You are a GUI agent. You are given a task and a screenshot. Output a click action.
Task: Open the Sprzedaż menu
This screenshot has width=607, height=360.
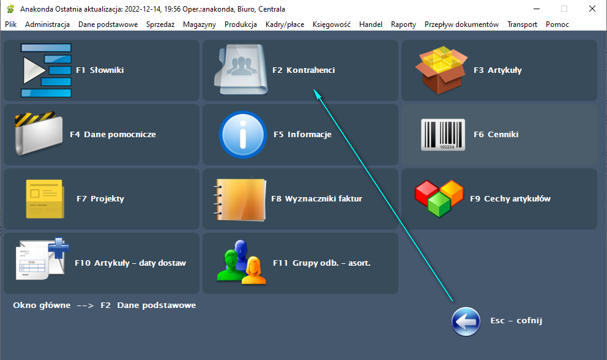pos(160,24)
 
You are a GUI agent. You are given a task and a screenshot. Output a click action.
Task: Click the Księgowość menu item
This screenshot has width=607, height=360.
pos(332,24)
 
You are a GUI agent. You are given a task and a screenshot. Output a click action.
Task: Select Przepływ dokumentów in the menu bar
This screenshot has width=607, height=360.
pos(461,24)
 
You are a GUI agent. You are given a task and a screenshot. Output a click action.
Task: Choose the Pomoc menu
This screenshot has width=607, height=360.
pos(557,24)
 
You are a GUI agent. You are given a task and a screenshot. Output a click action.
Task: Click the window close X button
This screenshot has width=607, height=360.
pos(592,9)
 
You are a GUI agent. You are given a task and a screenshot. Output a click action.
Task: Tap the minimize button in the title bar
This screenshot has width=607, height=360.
pos(537,9)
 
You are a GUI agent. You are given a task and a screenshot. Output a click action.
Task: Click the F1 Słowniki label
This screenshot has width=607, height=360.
pos(100,70)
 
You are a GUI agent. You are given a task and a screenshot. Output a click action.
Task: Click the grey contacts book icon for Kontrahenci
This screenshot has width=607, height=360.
pos(241,70)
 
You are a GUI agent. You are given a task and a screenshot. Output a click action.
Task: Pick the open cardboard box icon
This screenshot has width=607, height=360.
pos(441,70)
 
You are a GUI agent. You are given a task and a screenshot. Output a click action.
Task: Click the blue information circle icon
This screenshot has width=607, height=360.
pos(243,135)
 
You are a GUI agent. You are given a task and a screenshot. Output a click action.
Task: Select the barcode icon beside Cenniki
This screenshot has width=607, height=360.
pos(443,135)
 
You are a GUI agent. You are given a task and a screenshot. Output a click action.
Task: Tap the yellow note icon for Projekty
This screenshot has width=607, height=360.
pos(45,199)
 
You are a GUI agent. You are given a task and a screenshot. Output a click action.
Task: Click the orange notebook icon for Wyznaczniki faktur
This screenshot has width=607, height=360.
pos(240,200)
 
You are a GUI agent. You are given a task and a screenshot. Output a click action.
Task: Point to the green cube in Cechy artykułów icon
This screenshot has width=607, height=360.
pos(439,204)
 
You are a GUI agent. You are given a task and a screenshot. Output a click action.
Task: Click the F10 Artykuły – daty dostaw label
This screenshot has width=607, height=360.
pos(130,263)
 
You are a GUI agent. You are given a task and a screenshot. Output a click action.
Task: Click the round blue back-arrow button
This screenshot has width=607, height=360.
pos(466,321)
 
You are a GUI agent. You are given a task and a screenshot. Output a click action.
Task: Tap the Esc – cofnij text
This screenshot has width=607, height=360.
pos(516,320)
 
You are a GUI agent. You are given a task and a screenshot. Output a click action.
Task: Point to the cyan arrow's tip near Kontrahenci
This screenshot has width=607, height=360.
pos(313,89)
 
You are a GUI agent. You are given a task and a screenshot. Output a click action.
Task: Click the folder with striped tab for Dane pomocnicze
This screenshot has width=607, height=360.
pos(38,133)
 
